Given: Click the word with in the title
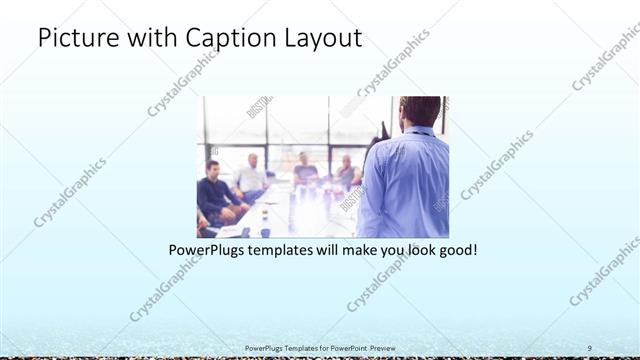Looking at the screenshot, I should (147, 39).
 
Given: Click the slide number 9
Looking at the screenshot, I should (590, 348).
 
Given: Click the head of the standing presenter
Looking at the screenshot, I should (419, 112).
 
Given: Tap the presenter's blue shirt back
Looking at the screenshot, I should (405, 185).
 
